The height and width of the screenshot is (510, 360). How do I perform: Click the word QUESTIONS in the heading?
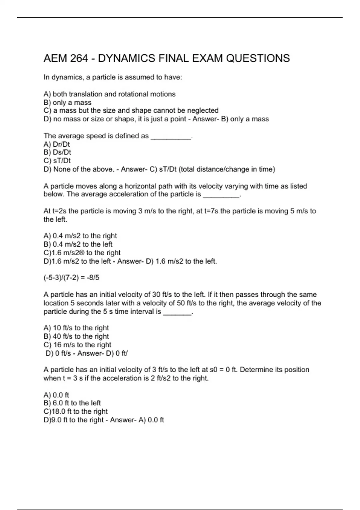pyautogui.click(x=258, y=58)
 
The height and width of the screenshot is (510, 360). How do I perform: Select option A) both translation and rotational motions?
pyautogui.click(x=109, y=94)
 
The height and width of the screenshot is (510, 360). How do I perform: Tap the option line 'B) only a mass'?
pyautogui.click(x=67, y=103)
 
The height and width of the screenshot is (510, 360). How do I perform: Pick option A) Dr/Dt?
pyautogui.click(x=57, y=144)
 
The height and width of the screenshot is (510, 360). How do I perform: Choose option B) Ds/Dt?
pyautogui.click(x=57, y=152)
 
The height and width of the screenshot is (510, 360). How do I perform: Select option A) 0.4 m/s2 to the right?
pyautogui.click(x=80, y=236)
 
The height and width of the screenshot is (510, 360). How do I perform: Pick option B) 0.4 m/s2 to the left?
pyautogui.click(x=78, y=244)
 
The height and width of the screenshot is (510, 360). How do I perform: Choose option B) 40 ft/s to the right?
pyautogui.click(x=76, y=337)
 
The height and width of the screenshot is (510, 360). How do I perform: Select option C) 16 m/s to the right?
pyautogui.click(x=77, y=345)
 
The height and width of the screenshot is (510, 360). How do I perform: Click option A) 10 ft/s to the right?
pyautogui.click(x=76, y=328)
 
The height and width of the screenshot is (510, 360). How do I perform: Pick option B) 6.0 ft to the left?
pyautogui.click(x=72, y=403)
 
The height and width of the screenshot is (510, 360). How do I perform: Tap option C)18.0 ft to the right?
pyautogui.click(x=76, y=412)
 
